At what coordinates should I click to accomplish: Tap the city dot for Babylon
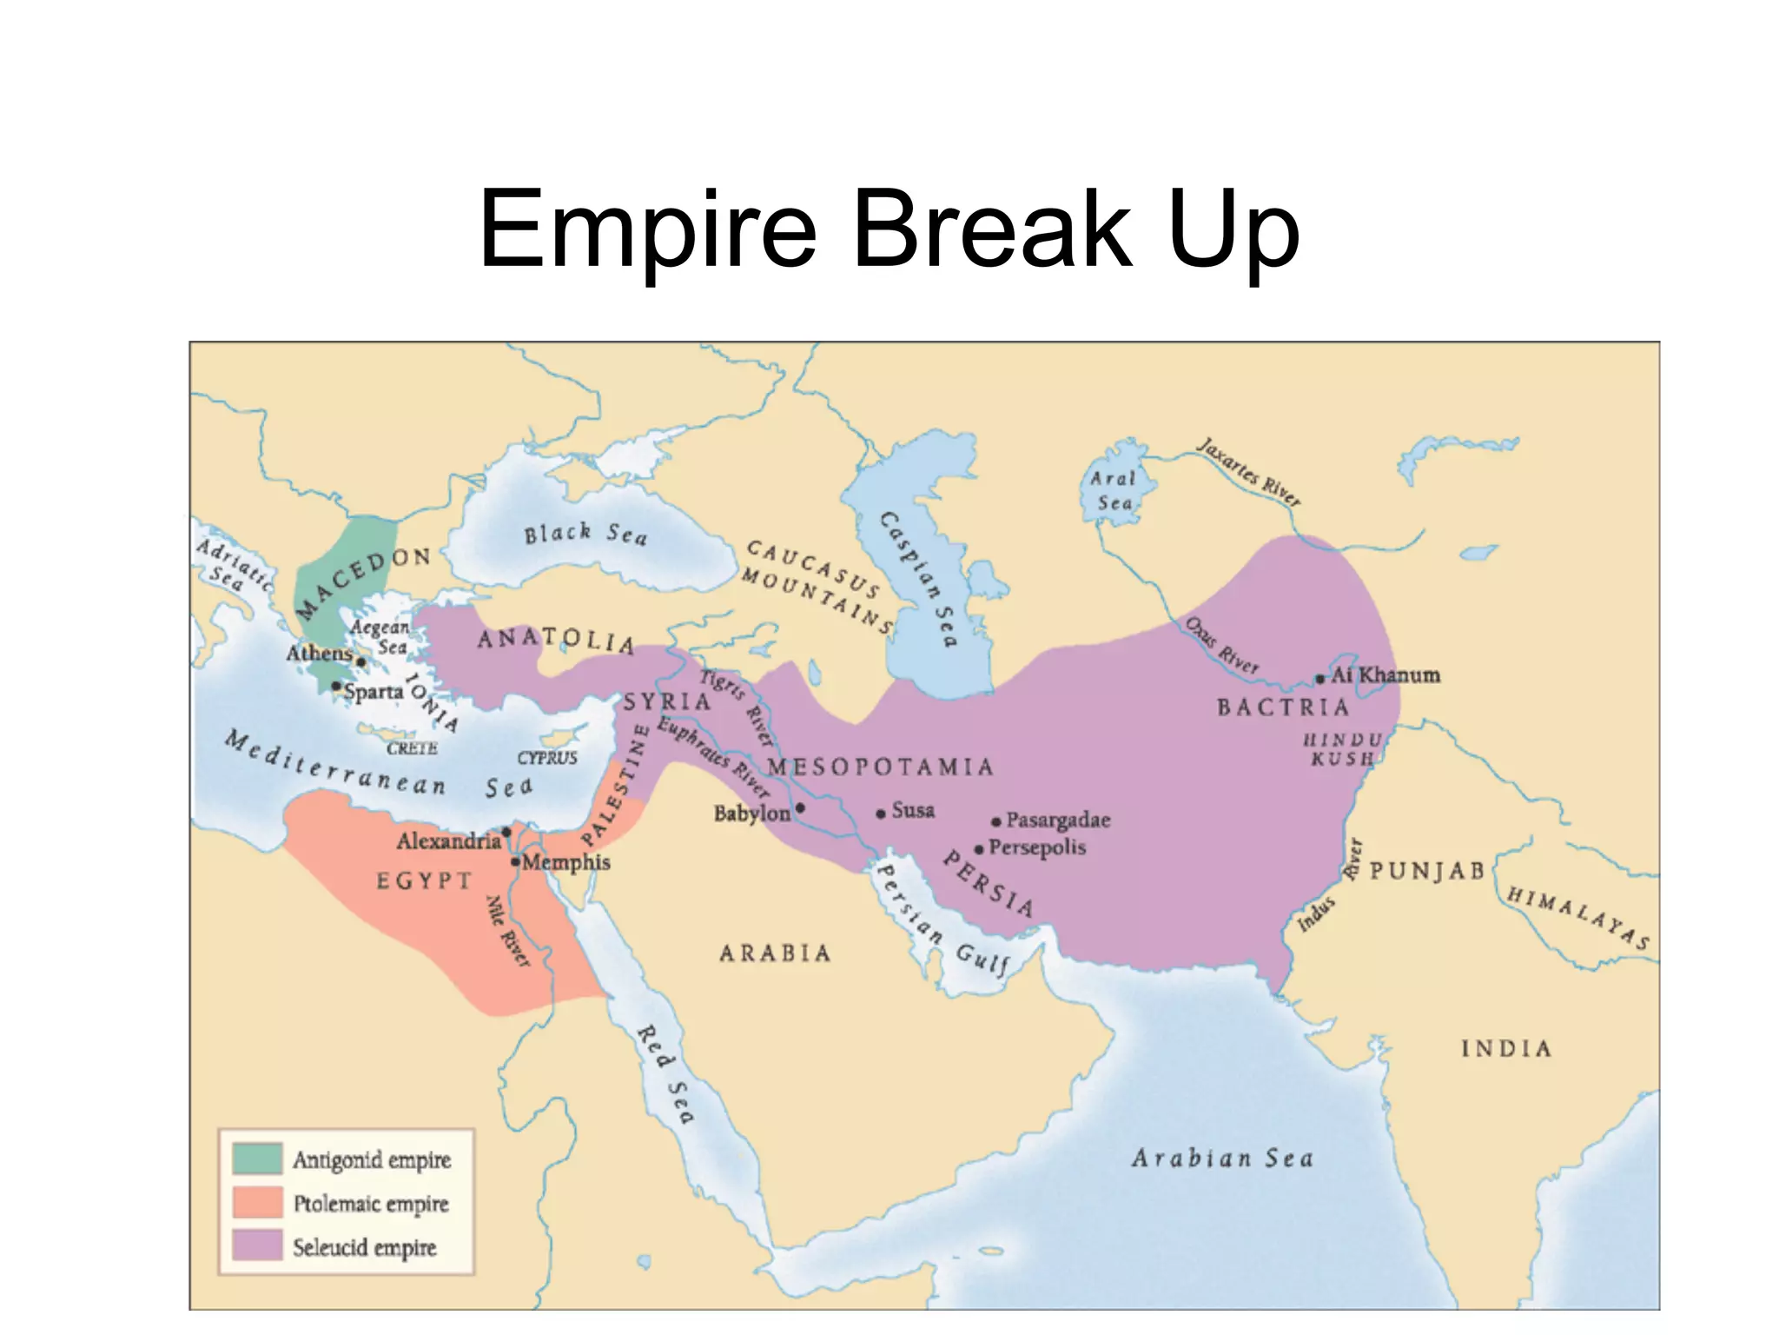[800, 807]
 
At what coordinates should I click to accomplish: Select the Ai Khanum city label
[1385, 674]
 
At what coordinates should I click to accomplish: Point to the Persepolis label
[1036, 847]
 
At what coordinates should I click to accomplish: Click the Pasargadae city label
[1057, 820]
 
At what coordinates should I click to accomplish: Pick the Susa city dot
[881, 814]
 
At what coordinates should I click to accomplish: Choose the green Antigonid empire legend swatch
[257, 1159]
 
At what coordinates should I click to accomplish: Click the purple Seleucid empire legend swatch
[257, 1245]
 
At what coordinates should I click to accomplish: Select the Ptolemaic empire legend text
[371, 1204]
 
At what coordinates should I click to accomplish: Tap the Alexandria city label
[448, 840]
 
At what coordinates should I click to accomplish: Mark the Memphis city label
[566, 862]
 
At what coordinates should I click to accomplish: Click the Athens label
[319, 653]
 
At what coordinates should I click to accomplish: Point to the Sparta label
[374, 692]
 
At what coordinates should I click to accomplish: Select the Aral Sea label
[1114, 490]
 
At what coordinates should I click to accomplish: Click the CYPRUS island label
[547, 758]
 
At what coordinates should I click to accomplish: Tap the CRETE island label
[412, 748]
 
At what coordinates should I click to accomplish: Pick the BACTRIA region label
[1283, 707]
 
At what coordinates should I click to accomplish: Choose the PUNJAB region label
[1427, 871]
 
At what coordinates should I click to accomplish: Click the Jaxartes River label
[1249, 472]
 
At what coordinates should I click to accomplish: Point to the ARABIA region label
[775, 953]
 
